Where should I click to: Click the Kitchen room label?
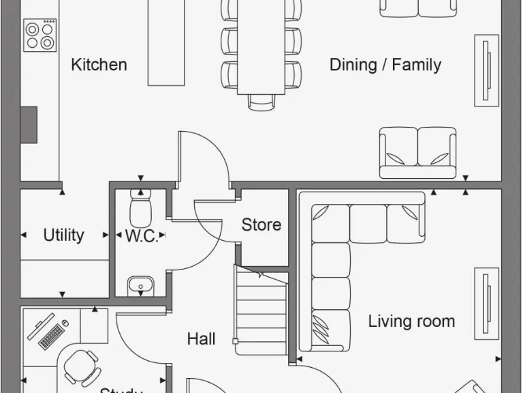[99, 65]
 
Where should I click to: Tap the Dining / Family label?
[385, 65]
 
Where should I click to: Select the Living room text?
[411, 321]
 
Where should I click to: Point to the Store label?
[261, 224]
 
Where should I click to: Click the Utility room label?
[63, 235]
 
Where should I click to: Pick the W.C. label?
[142, 236]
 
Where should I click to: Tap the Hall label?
[201, 338]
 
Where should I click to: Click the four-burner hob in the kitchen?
[39, 34]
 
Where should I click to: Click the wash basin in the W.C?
[141, 285]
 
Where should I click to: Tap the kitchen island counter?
[166, 42]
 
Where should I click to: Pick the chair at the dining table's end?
[261, 101]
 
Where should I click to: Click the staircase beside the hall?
[261, 310]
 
